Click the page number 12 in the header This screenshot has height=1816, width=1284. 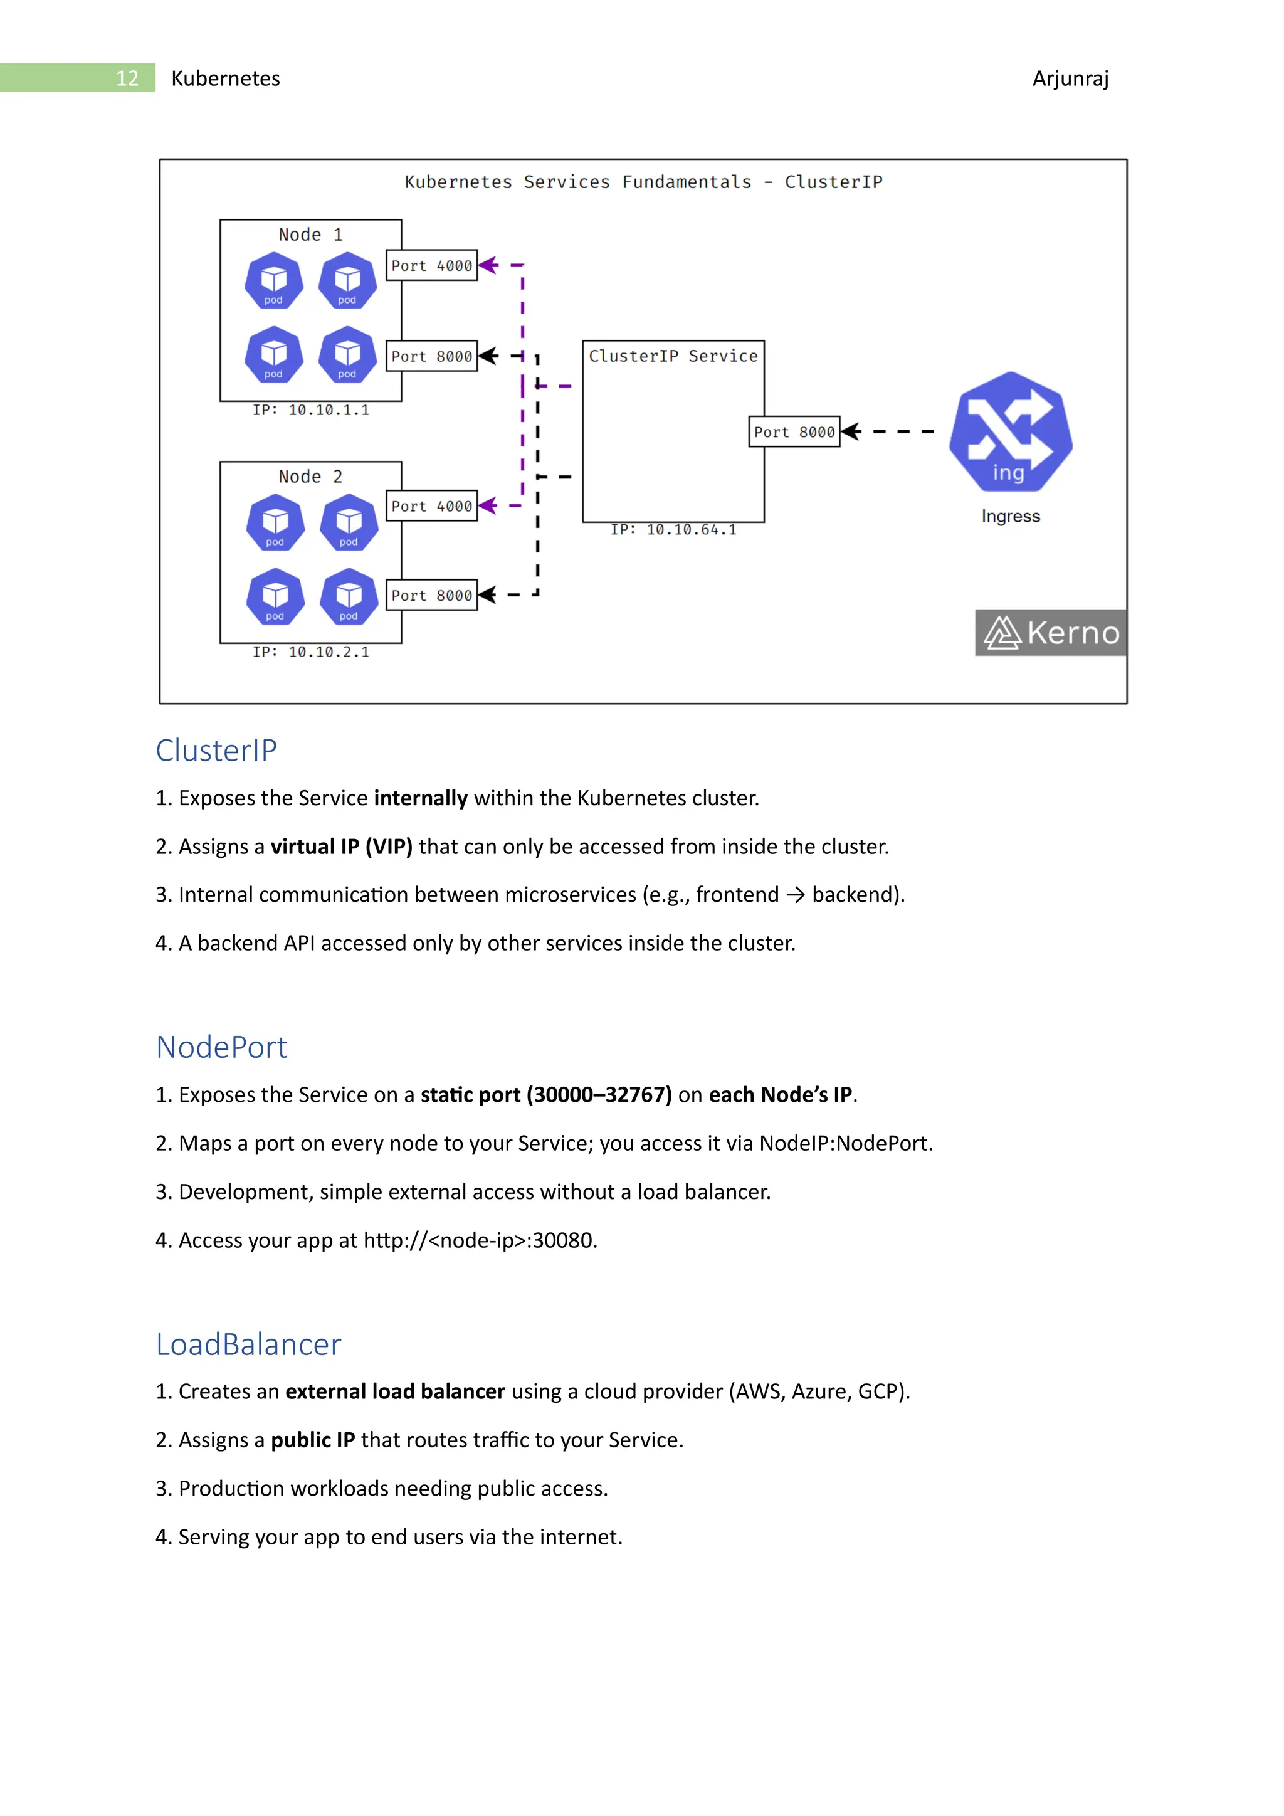click(x=127, y=78)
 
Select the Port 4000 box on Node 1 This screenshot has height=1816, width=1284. click(x=432, y=266)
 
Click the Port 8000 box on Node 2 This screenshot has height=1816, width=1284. click(x=432, y=596)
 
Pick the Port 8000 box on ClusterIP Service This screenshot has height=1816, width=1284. click(x=794, y=432)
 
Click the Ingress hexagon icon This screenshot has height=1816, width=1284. click(x=1011, y=433)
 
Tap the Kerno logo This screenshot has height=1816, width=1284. click(x=1051, y=633)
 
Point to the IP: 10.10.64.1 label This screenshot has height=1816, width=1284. click(x=673, y=530)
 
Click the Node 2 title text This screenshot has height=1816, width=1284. click(x=310, y=476)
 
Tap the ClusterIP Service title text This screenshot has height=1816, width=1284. click(x=673, y=356)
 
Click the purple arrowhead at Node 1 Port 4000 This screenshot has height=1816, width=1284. click(x=488, y=266)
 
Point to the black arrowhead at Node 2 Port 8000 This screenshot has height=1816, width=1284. click(x=487, y=595)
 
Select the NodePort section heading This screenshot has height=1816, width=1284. click(x=221, y=1047)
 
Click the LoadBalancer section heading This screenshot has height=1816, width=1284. click(x=248, y=1344)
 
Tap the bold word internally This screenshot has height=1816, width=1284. click(x=421, y=798)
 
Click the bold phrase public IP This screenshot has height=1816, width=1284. click(x=312, y=1440)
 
